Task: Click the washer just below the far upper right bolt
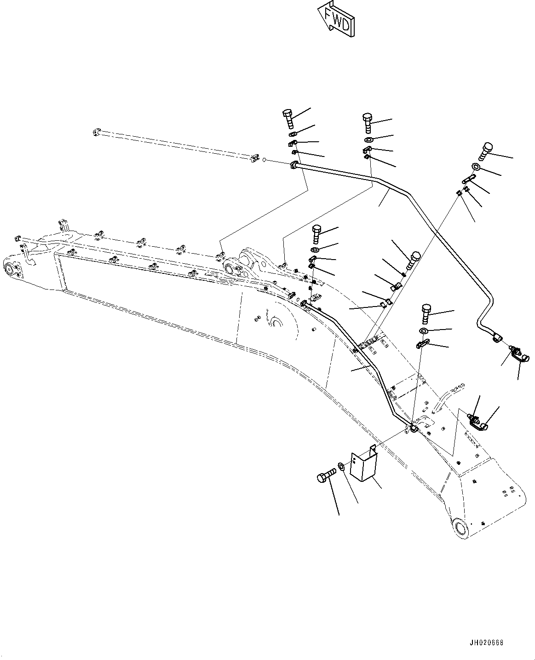click(477, 168)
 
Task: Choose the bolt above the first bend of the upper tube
click(367, 122)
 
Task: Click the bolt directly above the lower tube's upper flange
click(317, 234)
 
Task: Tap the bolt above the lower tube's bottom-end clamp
click(426, 315)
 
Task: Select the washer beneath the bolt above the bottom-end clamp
click(424, 331)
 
